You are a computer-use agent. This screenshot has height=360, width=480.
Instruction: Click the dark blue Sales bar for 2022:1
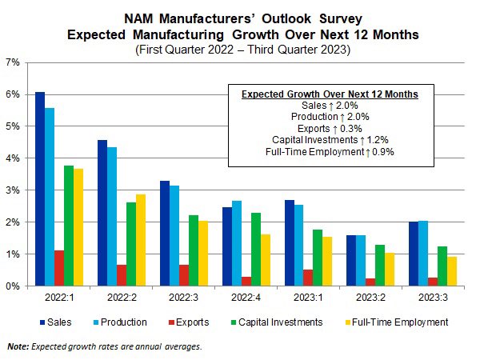tap(40, 189)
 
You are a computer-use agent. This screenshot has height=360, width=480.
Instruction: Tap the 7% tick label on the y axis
tap(14, 62)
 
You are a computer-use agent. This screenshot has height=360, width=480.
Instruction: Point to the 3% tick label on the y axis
tap(14, 190)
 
